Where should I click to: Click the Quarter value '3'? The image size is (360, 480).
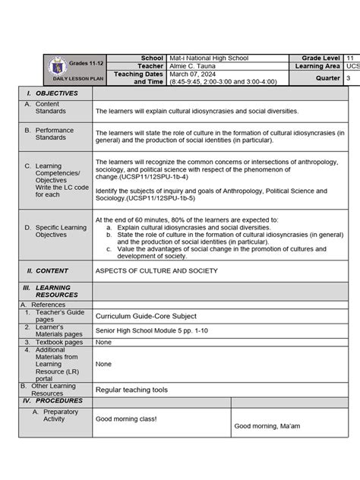coord(349,77)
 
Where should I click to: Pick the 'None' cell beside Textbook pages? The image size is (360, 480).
coord(103,342)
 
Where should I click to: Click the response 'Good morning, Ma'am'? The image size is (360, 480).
coord(267,425)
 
